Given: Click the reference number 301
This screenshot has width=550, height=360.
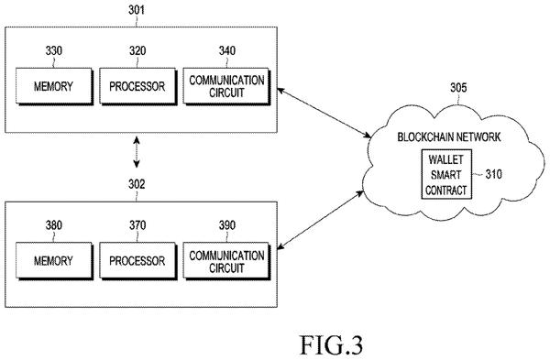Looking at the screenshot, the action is pos(136,10).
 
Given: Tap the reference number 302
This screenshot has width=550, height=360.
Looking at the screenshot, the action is pos(136,184).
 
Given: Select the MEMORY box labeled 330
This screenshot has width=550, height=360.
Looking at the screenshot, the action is pos(54,86).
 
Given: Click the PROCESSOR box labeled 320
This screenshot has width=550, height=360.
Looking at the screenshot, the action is pos(137,86).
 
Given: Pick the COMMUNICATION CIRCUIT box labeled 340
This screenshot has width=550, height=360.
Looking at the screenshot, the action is pos(226,86).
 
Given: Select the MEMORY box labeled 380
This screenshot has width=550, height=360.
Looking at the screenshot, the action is pos(54,261).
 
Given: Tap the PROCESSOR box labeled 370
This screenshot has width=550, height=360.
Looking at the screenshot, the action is pos(137,261).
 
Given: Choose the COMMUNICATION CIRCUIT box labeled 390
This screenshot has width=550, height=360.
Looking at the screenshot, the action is pos(226,261).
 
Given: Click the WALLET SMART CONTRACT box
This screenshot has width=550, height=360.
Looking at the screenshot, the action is pos(446,175).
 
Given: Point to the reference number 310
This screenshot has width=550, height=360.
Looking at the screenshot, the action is pos(493,174).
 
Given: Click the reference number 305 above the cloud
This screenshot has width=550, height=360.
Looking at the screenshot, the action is pos(458,88).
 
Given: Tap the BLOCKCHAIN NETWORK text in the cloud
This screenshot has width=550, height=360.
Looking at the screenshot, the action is pos(449,136).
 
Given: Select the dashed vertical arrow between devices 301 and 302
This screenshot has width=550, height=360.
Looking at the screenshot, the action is pos(137,152).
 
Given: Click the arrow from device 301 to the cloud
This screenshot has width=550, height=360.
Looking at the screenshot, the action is pos(324,113).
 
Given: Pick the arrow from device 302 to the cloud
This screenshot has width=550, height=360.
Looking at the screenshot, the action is pos(320,220).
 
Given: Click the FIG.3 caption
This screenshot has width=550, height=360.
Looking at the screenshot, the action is pos(332,345).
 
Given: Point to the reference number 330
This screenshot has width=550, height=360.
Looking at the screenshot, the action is pos(54,50).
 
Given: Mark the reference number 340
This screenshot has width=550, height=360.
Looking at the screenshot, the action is pos(227,50).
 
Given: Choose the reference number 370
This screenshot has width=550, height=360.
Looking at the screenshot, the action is pos(137,225).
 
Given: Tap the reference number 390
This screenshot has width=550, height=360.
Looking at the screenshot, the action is pos(227,225).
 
